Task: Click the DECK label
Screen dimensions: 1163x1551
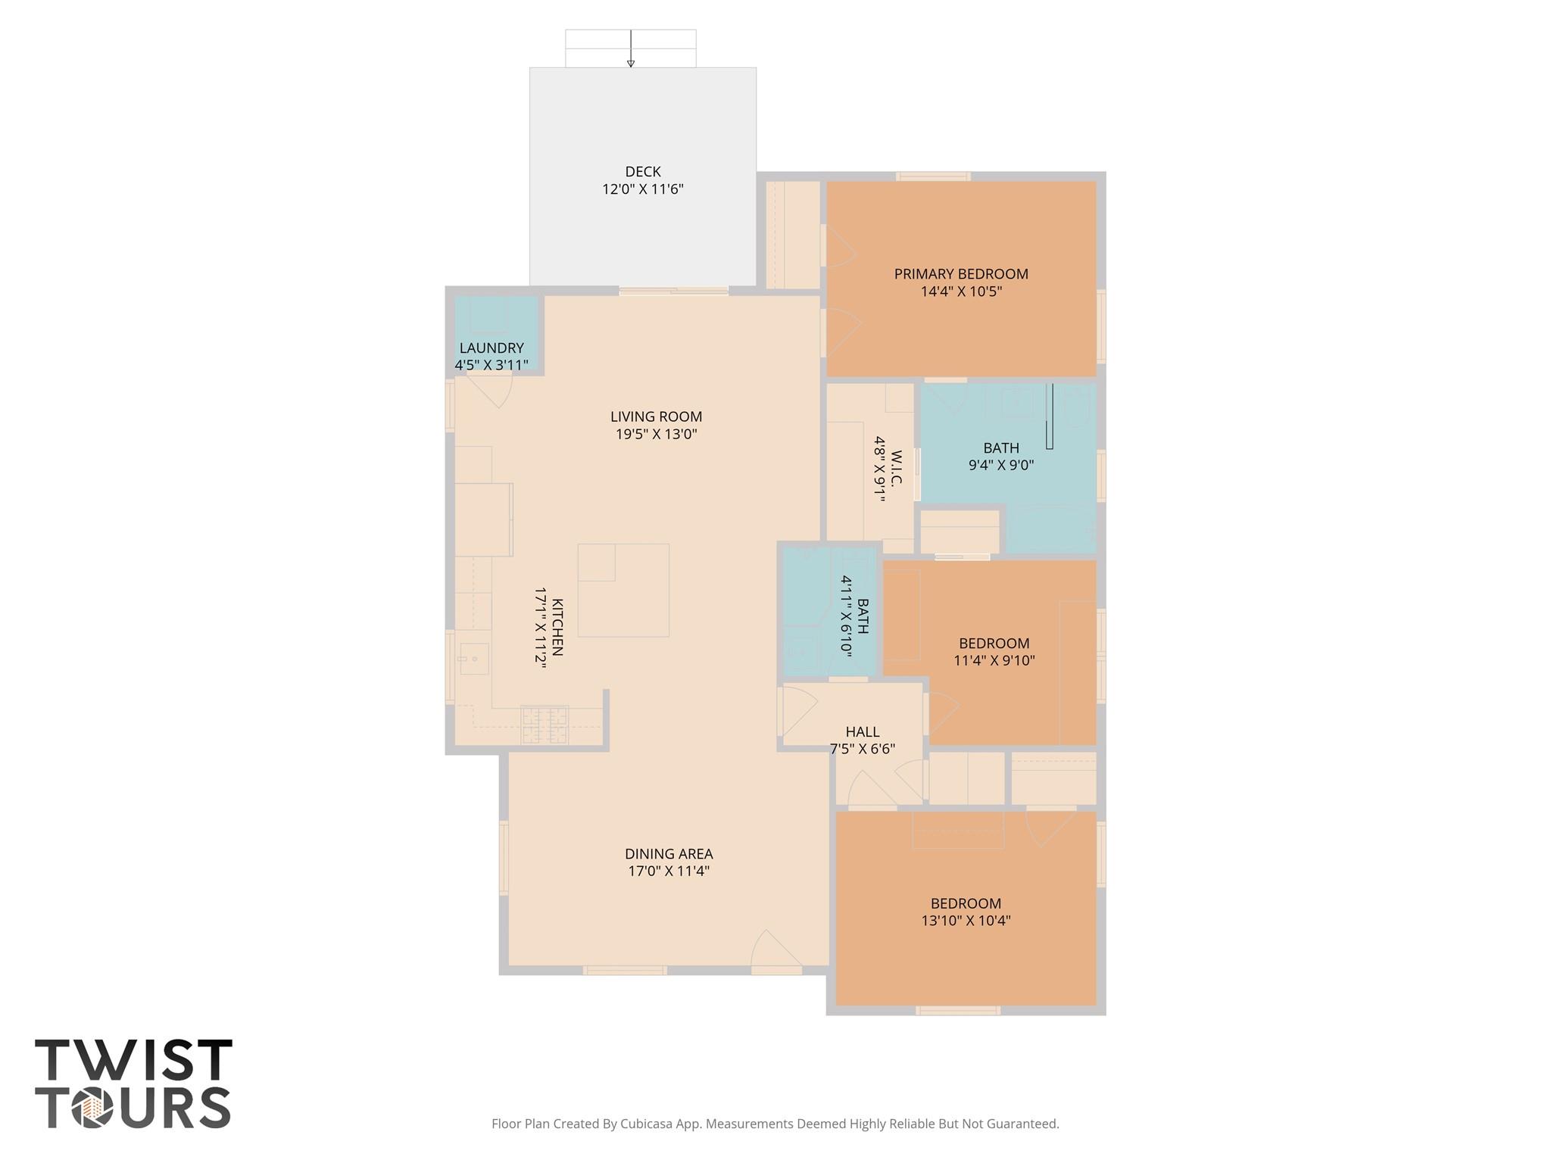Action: [642, 172]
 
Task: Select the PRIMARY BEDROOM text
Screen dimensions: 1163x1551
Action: [960, 274]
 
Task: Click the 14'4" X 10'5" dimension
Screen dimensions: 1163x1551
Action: [960, 292]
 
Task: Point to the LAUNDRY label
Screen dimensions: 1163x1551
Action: [492, 348]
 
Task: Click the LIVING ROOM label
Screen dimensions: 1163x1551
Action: [656, 416]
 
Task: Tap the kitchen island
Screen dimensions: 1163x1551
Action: [623, 590]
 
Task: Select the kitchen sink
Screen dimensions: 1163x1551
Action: [473, 659]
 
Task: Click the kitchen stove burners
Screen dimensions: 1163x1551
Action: [545, 725]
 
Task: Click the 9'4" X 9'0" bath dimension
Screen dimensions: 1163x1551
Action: [1000, 465]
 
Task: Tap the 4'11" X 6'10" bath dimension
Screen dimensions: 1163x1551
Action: [846, 616]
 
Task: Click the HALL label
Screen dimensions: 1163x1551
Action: [862, 732]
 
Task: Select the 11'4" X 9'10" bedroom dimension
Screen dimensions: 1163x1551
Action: [994, 660]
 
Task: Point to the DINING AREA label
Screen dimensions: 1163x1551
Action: [668, 854]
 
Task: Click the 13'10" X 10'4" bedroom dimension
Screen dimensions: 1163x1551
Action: [966, 921]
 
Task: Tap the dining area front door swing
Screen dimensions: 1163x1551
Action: [772, 952]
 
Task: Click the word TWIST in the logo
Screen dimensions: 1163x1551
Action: [133, 1060]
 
